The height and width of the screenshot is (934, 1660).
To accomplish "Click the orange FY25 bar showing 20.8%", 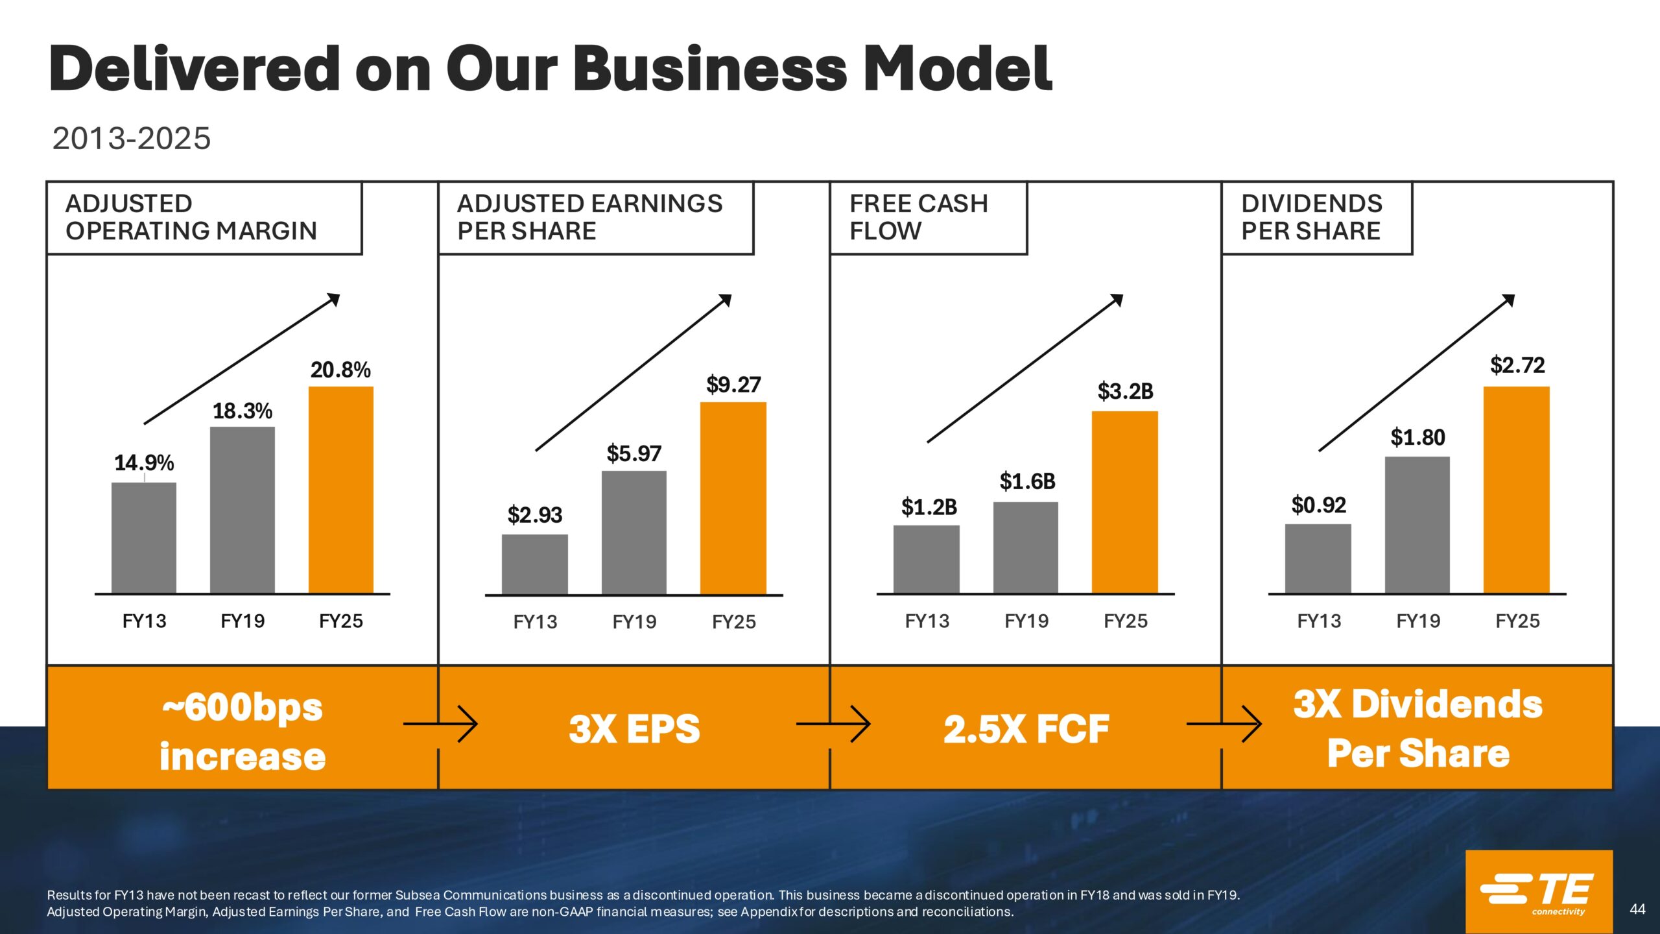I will (x=340, y=490).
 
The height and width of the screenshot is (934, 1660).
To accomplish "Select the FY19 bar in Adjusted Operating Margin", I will (x=243, y=510).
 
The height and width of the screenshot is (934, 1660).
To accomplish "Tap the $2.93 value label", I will (x=535, y=515).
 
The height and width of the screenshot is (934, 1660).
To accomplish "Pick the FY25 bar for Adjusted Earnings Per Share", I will (x=733, y=497).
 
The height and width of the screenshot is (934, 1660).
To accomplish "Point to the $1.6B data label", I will (x=1027, y=481).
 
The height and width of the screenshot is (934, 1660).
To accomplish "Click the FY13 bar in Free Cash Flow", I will (x=926, y=559).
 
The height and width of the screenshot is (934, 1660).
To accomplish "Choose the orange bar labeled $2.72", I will (x=1516, y=490).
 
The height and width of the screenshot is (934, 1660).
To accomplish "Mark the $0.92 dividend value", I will (x=1318, y=505).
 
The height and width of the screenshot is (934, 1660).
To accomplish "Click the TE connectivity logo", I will (x=1538, y=892).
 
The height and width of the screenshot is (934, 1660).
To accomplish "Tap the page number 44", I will (x=1637, y=909).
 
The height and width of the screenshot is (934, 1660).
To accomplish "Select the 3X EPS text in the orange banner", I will (x=634, y=728).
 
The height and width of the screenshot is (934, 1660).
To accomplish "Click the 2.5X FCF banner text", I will (x=1026, y=728).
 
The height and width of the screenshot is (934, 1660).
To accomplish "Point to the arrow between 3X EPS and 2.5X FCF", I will (x=834, y=724).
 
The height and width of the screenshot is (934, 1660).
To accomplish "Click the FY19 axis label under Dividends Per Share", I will (x=1418, y=621).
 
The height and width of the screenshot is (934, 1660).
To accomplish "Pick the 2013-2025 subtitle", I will (x=132, y=138).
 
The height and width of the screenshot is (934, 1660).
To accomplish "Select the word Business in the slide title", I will (x=710, y=69).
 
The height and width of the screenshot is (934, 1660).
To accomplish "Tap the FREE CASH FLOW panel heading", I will (x=918, y=217).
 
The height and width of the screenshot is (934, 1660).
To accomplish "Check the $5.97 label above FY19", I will (x=634, y=453).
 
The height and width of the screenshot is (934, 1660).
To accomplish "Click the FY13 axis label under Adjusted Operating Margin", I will (x=144, y=621).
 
